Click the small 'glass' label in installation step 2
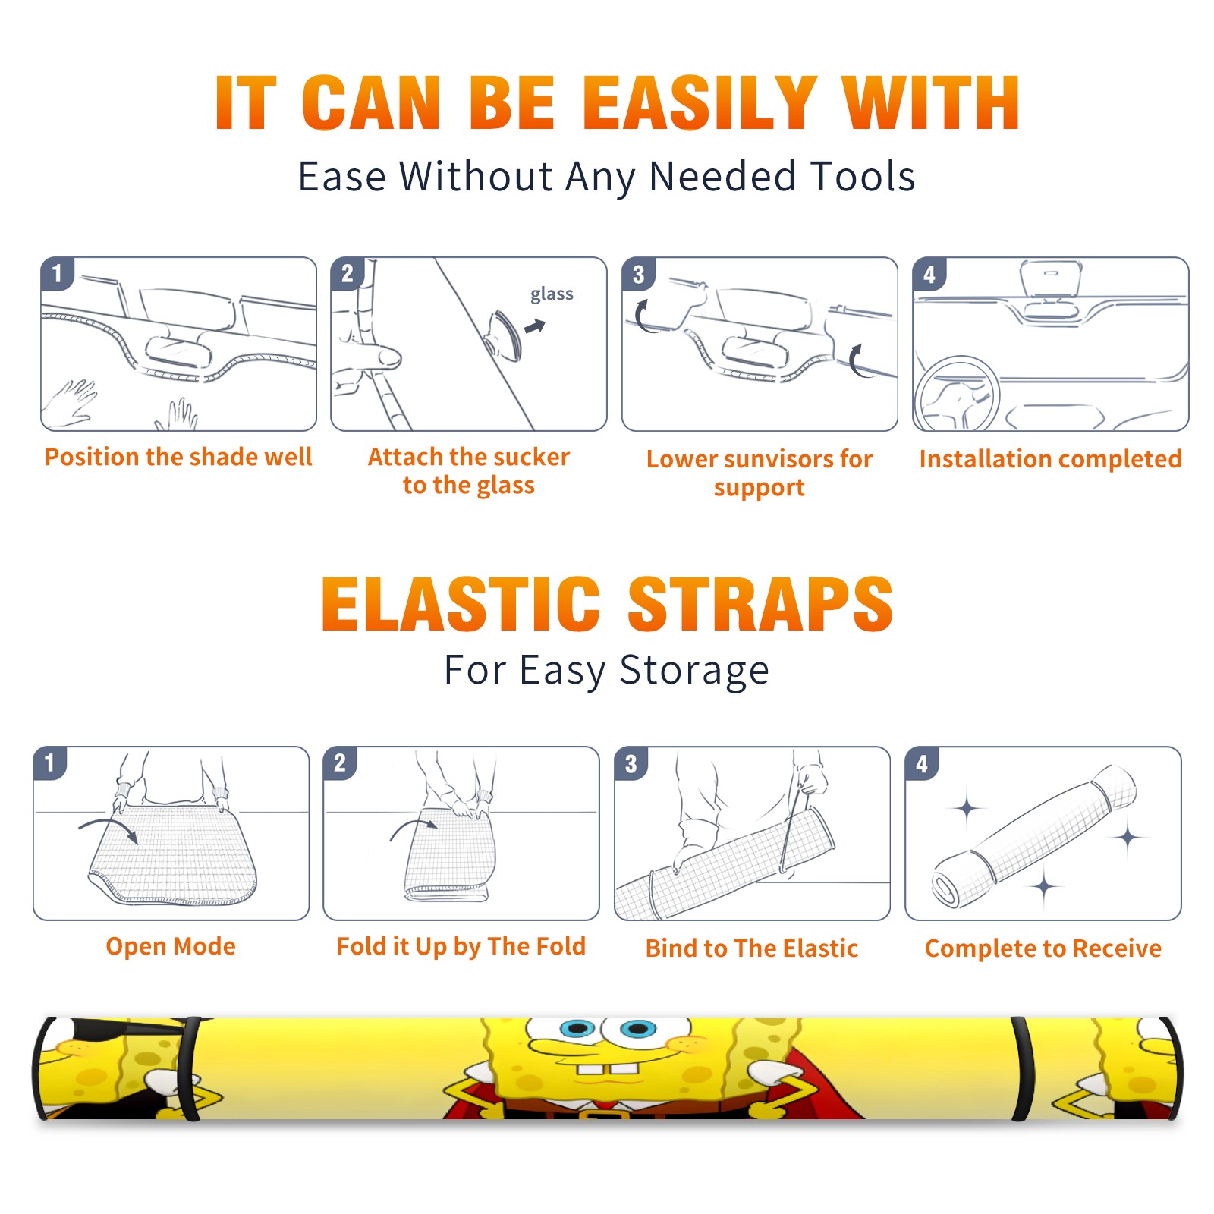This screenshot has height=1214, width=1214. (552, 294)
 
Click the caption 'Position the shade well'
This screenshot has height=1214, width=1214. (178, 457)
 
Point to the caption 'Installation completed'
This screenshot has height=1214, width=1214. (1050, 458)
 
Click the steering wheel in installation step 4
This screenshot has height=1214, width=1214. (957, 395)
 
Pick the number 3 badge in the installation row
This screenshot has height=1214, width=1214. (638, 274)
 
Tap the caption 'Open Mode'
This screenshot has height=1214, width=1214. (171, 946)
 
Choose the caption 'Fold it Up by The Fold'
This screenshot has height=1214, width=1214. (461, 946)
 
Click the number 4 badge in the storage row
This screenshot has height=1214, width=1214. (922, 763)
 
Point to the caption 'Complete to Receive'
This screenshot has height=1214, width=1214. (1043, 948)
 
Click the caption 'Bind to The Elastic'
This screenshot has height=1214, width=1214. (752, 948)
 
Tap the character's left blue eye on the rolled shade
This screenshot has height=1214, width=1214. (578, 1029)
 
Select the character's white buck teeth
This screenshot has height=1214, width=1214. (607, 1069)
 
